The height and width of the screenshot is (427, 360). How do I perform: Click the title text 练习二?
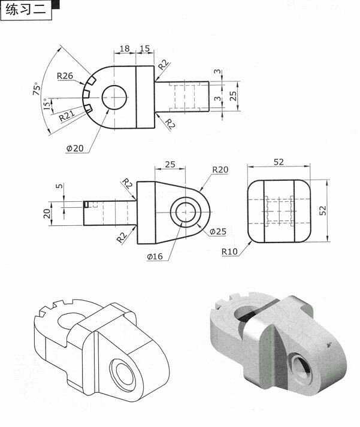(x=26, y=10)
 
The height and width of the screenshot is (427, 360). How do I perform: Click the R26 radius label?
(x=65, y=76)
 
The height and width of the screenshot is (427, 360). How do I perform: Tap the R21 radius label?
(x=67, y=116)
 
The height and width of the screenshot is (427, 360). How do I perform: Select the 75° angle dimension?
(x=37, y=88)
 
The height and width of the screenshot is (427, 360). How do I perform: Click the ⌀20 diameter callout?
(x=75, y=149)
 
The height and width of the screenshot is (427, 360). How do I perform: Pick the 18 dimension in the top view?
(x=125, y=49)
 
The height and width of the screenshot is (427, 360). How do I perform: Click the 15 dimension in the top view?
(x=144, y=49)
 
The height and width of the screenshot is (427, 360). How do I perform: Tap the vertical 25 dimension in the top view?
(x=233, y=96)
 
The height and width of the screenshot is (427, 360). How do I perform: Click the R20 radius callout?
(x=220, y=169)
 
